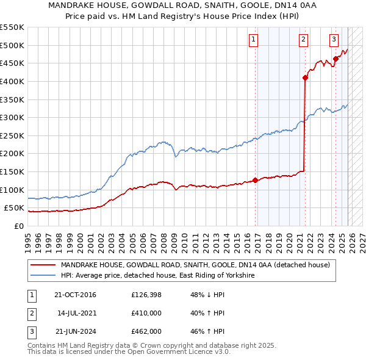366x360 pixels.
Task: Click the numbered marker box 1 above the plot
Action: point(253,40)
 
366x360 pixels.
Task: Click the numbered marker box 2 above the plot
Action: point(303,40)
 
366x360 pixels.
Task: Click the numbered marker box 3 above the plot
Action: point(334,40)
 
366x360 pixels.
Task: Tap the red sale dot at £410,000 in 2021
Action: point(305,77)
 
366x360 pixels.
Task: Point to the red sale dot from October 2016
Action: point(256,180)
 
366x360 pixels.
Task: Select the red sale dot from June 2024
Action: point(335,59)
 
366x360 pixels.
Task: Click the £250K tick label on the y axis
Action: point(12,135)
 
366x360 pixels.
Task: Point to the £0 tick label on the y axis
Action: point(19,226)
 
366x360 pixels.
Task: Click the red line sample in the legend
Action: point(43,265)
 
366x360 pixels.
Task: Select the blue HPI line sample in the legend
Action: point(43,276)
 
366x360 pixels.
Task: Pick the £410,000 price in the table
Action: point(146,314)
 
